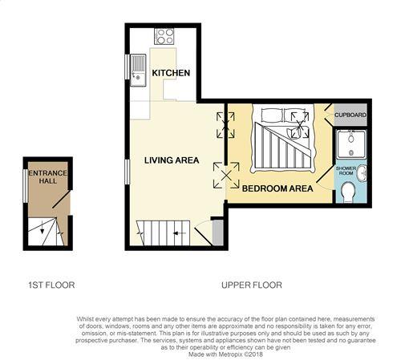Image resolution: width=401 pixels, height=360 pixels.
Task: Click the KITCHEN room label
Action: click(171, 73)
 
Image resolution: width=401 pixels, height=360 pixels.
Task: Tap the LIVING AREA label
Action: click(172, 160)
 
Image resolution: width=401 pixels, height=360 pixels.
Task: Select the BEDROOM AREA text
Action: click(277, 188)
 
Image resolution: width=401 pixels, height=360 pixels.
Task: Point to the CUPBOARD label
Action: click(350, 115)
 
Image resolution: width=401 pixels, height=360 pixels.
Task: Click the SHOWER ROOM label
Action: click(346, 171)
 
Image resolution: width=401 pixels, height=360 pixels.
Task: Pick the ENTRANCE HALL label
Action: click(47, 177)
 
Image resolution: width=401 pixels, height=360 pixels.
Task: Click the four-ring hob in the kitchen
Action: click(164, 36)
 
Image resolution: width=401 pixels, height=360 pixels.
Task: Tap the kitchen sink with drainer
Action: click(138, 71)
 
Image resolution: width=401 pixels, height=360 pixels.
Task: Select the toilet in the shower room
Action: click(348, 192)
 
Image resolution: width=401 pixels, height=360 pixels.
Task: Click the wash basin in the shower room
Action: click(362, 173)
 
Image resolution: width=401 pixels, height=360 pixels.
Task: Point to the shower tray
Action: click(351, 144)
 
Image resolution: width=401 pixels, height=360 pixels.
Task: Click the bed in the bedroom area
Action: click(283, 139)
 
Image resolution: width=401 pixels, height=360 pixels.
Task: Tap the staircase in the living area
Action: click(163, 233)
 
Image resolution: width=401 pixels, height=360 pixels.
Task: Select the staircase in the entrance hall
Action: click(46, 232)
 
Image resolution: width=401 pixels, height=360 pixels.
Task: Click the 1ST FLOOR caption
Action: click(51, 285)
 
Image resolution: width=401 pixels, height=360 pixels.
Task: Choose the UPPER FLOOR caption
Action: click(252, 285)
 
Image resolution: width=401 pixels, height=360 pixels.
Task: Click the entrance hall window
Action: click(26, 186)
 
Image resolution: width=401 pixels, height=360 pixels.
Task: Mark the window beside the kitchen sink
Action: click(128, 67)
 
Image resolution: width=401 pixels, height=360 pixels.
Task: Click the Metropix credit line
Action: click(225, 354)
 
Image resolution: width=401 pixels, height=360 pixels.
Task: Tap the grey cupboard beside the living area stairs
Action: click(218, 232)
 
